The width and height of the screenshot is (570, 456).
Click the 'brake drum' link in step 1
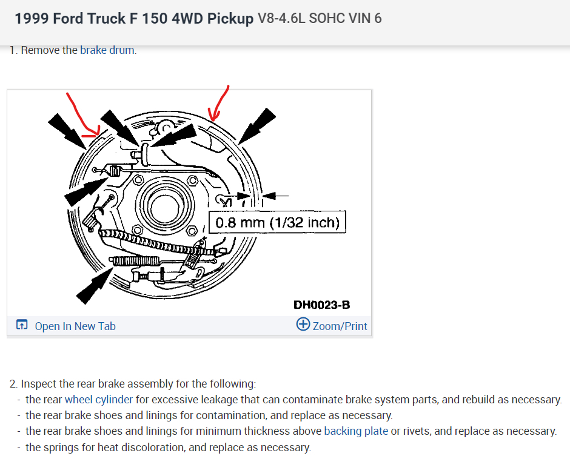click(x=107, y=50)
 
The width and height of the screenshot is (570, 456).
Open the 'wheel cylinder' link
click(x=98, y=400)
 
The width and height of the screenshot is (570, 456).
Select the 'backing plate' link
click(x=356, y=431)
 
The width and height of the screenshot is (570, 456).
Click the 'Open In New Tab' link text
click(x=75, y=326)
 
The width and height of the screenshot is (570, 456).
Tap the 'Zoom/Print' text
click(x=340, y=326)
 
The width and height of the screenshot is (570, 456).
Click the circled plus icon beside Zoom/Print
click(x=303, y=324)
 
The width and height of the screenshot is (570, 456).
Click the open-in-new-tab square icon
click(x=22, y=324)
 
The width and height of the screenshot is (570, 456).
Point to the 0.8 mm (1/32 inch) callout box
click(x=277, y=222)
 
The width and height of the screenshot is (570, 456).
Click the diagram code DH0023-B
click(x=322, y=305)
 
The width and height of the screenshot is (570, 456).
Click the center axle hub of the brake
click(x=165, y=207)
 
